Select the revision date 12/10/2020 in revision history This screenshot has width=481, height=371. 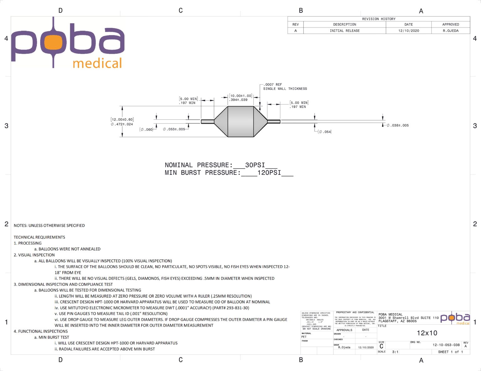click(x=408, y=31)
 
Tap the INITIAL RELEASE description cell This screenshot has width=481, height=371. click(x=344, y=31)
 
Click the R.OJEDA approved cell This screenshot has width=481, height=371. click(x=450, y=31)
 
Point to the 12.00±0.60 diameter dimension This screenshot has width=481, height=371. click(x=122, y=119)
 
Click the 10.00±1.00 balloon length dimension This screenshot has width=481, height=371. click(x=240, y=96)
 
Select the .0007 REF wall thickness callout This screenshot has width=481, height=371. click(x=273, y=84)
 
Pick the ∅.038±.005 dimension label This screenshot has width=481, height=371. click(x=398, y=125)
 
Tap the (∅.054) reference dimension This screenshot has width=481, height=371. click(x=325, y=132)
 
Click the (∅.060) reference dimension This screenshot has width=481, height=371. click(x=146, y=129)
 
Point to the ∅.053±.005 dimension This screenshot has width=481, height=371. click(x=174, y=129)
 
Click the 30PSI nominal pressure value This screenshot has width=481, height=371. click(x=255, y=165)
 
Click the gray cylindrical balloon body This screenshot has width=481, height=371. click(x=240, y=122)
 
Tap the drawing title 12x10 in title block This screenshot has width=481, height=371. click(x=427, y=333)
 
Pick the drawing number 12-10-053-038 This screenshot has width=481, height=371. click(x=446, y=345)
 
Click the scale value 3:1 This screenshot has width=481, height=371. click(x=395, y=352)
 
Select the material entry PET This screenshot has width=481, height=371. click(x=304, y=337)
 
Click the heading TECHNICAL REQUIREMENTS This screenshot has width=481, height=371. click(x=39, y=237)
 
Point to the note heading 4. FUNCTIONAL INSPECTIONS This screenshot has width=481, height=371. click(x=41, y=331)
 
